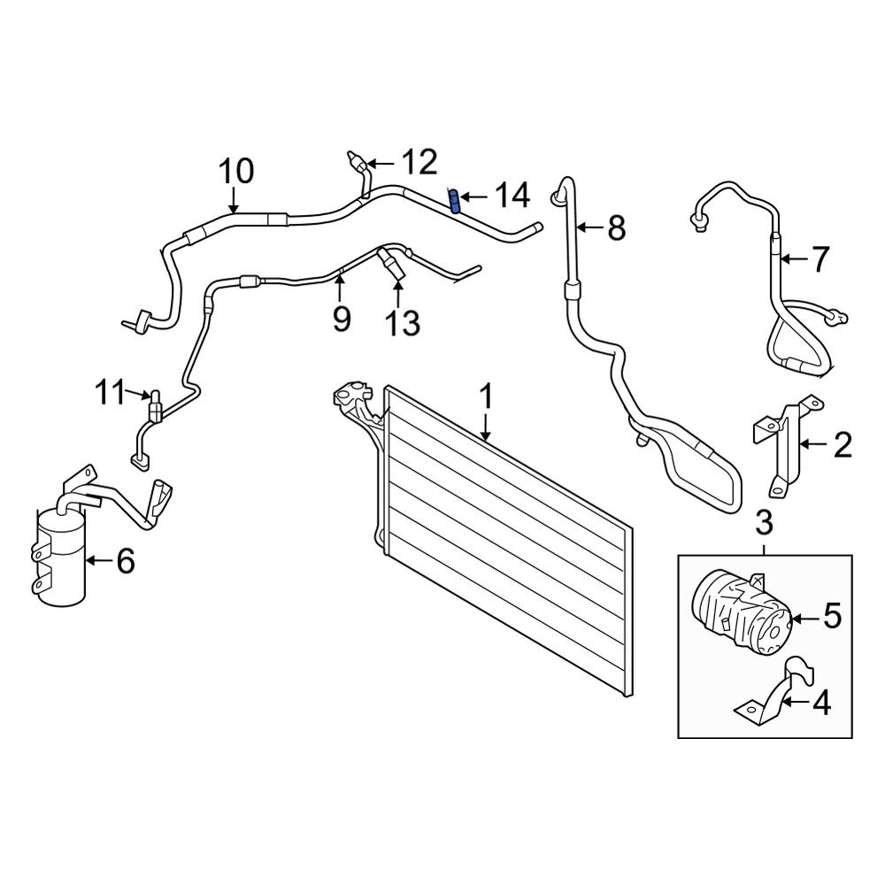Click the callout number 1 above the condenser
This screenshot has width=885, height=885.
click(485, 397)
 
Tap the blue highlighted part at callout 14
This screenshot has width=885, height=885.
click(455, 202)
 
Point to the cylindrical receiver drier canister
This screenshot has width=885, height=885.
click(60, 559)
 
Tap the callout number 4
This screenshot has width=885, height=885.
click(822, 704)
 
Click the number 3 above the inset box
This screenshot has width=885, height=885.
click(765, 524)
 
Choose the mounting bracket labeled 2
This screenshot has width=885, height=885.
click(781, 447)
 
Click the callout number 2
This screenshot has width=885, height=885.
click(842, 443)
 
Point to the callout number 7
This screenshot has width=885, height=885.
click(820, 259)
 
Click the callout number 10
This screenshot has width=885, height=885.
click(235, 169)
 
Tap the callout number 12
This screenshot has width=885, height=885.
click(419, 162)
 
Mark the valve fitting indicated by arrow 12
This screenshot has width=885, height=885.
click(357, 161)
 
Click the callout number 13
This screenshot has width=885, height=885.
click(401, 323)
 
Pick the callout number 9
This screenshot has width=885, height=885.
click(341, 317)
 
